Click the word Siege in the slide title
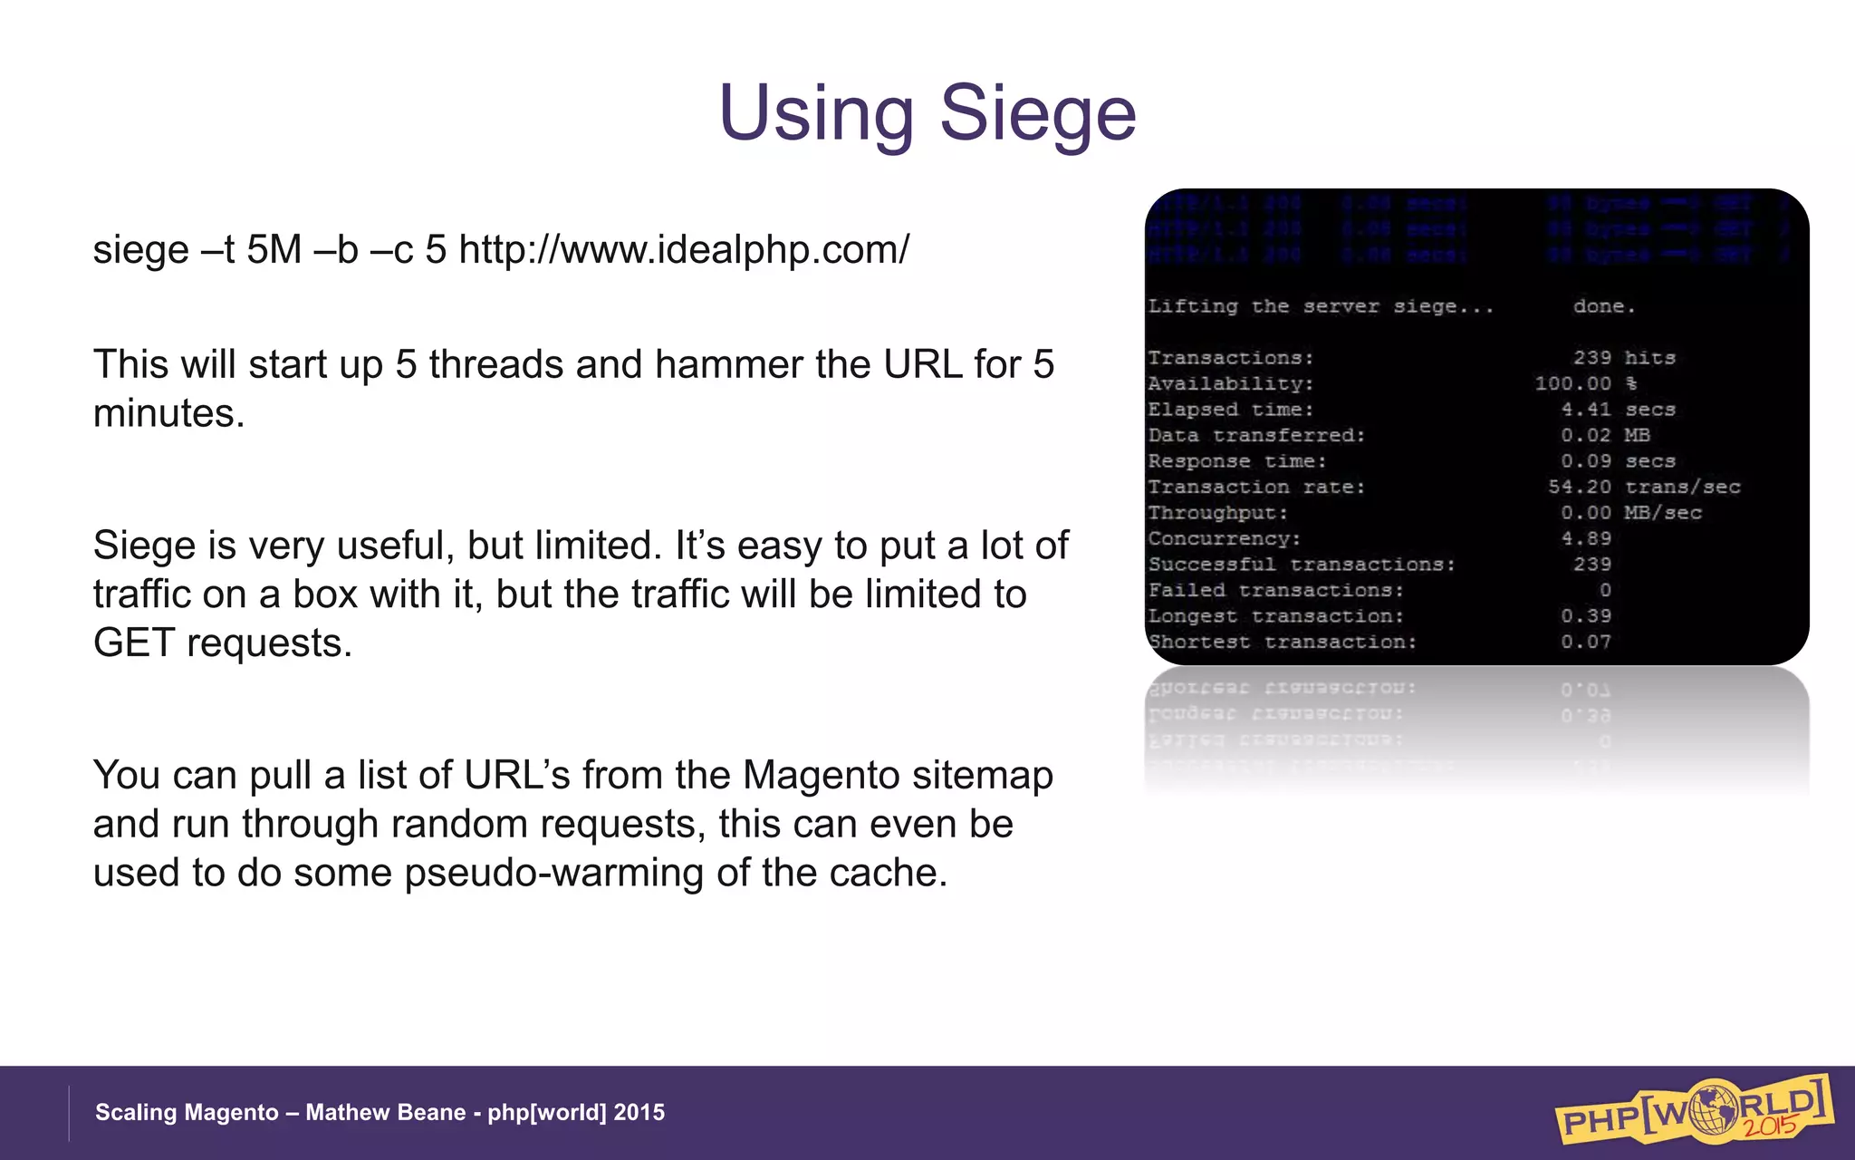[1038, 113]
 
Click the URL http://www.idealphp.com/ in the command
[684, 249]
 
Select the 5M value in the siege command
[274, 249]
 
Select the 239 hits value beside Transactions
[1623, 358]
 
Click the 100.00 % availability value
[1585, 383]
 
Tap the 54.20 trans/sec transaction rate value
[1643, 488]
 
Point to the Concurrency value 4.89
[1586, 538]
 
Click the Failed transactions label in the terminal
[1275, 591]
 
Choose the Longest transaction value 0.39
[1586, 616]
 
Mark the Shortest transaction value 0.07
[1586, 643]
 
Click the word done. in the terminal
[1604, 306]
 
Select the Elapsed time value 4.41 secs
[1618, 410]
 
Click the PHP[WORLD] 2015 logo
[1694, 1110]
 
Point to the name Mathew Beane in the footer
[385, 1113]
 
